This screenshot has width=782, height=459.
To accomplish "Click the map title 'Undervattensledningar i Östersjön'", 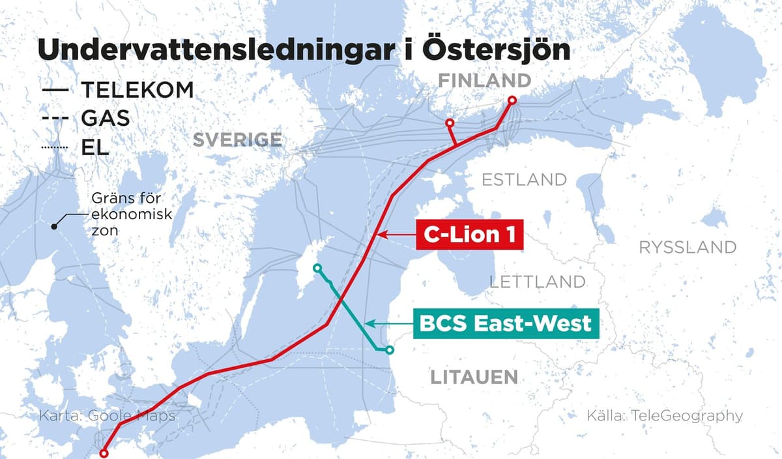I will point(304,51).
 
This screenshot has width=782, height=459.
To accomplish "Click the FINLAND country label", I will point(484,81).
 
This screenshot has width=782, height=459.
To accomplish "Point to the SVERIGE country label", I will point(237,140).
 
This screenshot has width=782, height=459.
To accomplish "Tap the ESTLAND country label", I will point(524,179).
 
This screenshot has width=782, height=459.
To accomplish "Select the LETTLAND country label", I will point(537,282).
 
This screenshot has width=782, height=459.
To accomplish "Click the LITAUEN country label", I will point(474,376).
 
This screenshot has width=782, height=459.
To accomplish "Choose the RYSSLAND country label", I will point(688,247).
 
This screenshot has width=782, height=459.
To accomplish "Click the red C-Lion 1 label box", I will point(470,234).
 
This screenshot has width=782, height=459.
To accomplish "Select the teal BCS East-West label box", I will point(506,323).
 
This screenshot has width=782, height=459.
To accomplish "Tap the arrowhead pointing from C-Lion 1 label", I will point(381,234).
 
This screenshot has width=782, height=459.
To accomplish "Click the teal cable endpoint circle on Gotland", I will point(317,268).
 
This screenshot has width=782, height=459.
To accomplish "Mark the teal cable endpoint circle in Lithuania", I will point(389,350).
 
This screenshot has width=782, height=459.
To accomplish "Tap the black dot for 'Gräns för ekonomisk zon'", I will point(54,226).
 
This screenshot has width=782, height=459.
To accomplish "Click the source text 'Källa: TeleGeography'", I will point(664,415).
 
